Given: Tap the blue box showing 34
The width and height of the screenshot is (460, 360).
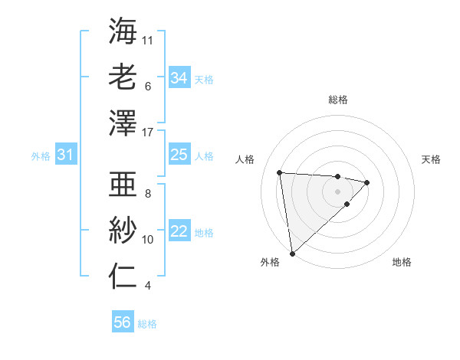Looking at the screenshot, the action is [x=179, y=78].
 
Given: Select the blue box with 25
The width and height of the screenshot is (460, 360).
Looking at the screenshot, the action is [x=179, y=155].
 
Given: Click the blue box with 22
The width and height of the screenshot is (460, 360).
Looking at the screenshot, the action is [x=179, y=232].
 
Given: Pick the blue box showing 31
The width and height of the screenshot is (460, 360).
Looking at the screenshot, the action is [x=65, y=155].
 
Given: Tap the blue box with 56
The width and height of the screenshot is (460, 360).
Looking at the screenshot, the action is [x=122, y=323].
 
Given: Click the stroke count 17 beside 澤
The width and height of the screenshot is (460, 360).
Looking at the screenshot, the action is [x=148, y=133].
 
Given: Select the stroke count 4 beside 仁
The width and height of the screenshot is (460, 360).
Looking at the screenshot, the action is [x=148, y=286].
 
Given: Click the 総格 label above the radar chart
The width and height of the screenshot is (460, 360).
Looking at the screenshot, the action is [x=337, y=100].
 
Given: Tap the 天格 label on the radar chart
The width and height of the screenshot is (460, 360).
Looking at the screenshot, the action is [x=431, y=159].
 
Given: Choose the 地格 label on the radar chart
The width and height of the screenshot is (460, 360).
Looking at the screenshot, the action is [x=402, y=262].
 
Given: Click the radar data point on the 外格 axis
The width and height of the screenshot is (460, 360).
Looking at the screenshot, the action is [x=292, y=253].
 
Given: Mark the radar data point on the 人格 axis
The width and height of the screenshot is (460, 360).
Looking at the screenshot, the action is [x=280, y=172].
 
